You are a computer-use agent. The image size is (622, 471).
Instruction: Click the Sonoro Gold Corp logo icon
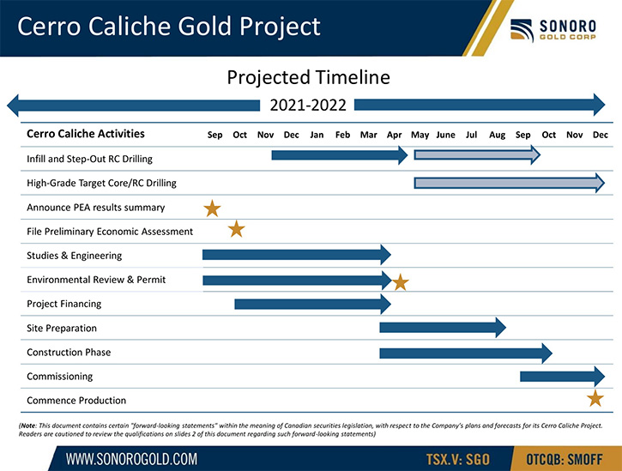tap(522, 30)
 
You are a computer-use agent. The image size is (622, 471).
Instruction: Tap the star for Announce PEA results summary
tap(212, 208)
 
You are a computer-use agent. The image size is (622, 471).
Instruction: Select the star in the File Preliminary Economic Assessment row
tap(237, 229)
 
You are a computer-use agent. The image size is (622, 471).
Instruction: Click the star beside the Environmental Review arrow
tap(401, 282)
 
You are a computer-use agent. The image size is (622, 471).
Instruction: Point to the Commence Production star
tap(595, 398)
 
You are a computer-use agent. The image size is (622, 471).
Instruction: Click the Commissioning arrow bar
tap(563, 376)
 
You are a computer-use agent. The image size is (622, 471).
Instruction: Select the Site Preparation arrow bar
tap(443, 328)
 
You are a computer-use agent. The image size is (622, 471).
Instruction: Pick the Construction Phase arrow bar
tap(466, 353)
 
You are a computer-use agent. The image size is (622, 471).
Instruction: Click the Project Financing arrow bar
tap(312, 304)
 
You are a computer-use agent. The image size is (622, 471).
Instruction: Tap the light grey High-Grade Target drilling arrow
tap(510, 183)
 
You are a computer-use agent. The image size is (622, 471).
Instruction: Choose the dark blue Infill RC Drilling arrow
tap(340, 155)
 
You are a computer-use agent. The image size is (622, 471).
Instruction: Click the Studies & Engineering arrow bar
tap(297, 255)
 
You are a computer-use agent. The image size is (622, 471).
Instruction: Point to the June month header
tap(445, 135)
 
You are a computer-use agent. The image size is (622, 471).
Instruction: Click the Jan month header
tap(317, 135)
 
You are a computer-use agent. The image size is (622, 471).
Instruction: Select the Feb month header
tap(342, 135)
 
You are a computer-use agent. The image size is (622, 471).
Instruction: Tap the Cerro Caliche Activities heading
tap(86, 134)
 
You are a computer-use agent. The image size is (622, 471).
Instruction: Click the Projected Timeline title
tap(309, 77)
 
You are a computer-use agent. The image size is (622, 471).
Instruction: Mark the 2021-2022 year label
tap(308, 106)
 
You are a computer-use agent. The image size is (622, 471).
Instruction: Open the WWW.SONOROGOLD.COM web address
tap(131, 459)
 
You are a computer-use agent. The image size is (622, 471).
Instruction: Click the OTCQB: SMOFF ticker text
tap(565, 460)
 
